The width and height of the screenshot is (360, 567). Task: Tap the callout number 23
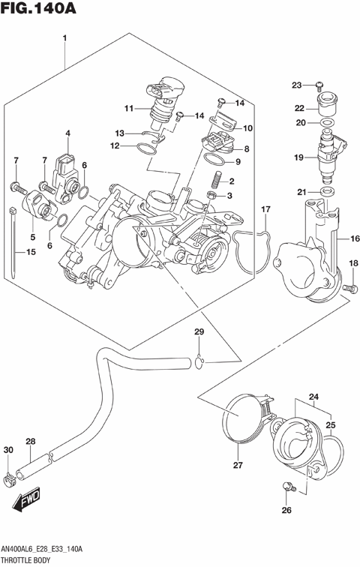point(295,84)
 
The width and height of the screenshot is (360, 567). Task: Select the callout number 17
point(265,208)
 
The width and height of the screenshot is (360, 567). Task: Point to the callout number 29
point(199,332)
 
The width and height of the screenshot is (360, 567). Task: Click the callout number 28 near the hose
point(30,441)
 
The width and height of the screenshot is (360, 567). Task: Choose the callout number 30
point(8,450)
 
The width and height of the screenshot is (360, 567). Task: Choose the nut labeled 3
point(211,196)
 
